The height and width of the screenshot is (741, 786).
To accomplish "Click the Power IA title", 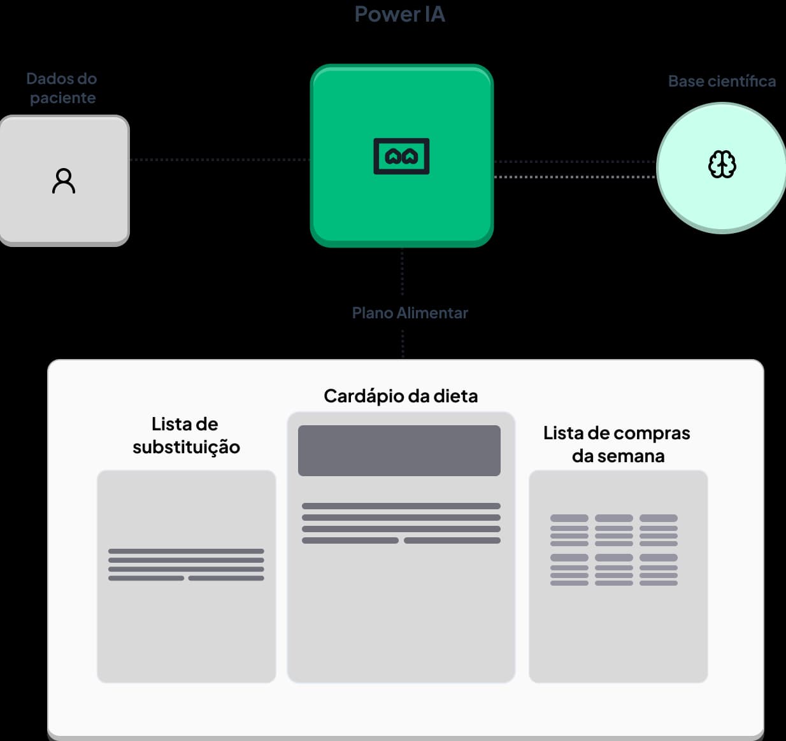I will [x=399, y=14].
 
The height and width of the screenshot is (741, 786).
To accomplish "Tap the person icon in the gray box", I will [x=64, y=181].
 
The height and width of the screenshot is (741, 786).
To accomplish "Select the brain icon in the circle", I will [x=722, y=164].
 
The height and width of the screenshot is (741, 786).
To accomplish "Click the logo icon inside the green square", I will [x=401, y=156].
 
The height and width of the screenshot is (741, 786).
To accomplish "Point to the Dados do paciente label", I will [x=62, y=88].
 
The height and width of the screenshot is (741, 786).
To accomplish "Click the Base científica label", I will [x=722, y=81].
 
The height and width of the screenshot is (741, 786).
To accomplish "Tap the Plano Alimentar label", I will [x=410, y=313].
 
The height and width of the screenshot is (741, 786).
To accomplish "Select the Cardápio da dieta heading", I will [x=401, y=396].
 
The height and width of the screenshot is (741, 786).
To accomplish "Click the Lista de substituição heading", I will [x=186, y=435].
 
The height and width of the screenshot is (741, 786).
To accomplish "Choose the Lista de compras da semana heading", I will [x=617, y=444].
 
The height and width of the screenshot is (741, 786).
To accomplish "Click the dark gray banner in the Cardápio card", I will [x=399, y=451].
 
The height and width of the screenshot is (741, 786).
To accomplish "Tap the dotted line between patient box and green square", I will [x=220, y=160].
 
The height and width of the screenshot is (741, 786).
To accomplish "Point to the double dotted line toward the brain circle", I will [x=575, y=169].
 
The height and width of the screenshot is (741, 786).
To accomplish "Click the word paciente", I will [x=62, y=98].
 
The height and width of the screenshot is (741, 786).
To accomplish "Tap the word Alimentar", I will [x=432, y=313].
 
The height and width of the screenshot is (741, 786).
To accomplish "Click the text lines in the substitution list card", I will [x=186, y=565].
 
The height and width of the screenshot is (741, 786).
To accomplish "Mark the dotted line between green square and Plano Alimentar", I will [x=403, y=274].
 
